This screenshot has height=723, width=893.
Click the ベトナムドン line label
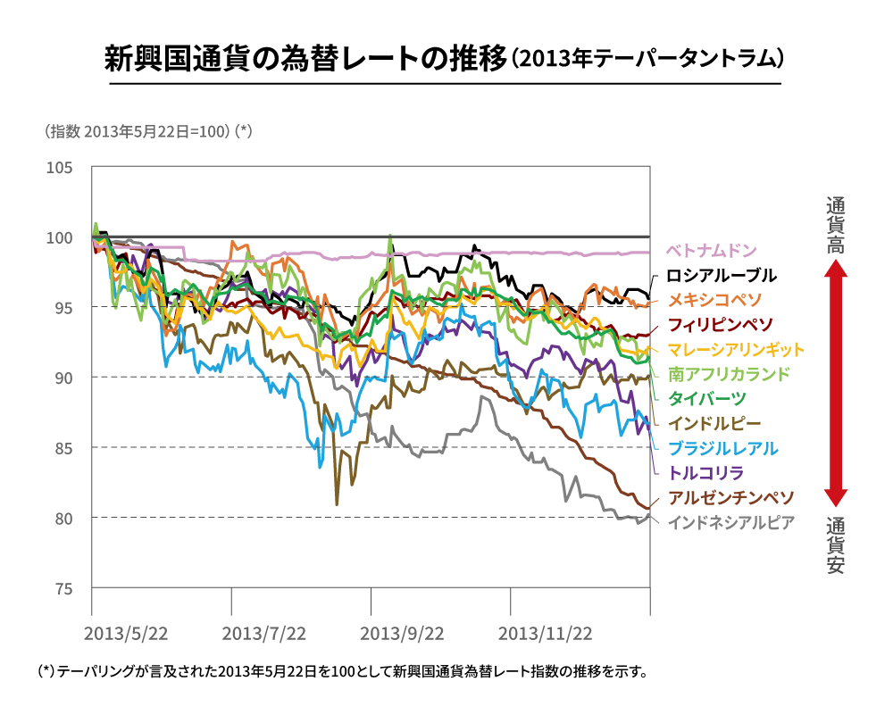[711, 250]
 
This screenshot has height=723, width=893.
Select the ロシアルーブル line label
[722, 275]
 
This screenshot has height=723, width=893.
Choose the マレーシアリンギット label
[736, 349]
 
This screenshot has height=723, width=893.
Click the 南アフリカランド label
[729, 374]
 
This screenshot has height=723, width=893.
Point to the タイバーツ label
[707, 398]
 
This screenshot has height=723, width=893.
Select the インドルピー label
[714, 423]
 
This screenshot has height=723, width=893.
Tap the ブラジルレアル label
[722, 448]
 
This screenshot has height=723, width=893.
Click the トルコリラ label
[706, 472]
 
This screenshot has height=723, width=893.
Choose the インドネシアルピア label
[730, 522]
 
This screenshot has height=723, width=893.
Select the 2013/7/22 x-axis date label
[263, 634]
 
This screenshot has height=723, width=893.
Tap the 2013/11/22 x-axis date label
[545, 634]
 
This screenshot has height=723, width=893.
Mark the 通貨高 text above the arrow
[835, 225]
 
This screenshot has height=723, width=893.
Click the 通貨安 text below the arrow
[835, 544]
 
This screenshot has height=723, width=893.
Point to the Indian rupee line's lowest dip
[337, 504]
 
